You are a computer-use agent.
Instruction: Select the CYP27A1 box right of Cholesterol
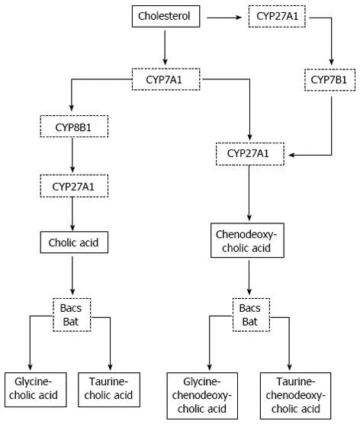[277, 15]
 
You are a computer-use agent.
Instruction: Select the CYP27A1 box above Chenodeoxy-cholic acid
[251, 155]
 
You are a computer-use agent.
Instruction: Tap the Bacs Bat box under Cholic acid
[72, 313]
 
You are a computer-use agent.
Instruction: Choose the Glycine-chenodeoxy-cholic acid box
[204, 394]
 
